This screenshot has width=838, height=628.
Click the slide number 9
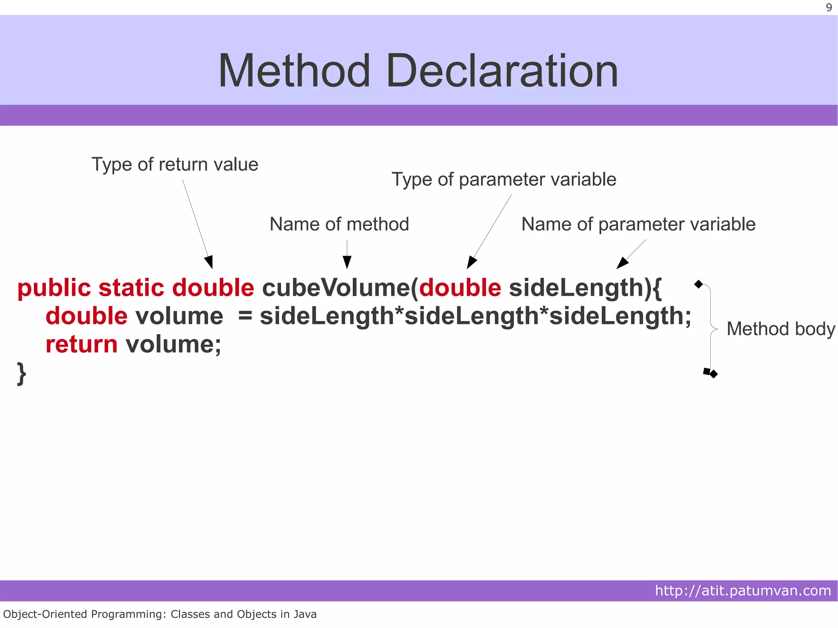pos(829,7)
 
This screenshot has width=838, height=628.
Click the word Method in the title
pos(294,71)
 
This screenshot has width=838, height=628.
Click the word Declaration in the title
pos(502,71)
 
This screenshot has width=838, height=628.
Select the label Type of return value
pos(175,164)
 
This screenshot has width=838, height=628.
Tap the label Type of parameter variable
pos(504,180)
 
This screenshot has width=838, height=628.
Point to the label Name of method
pos(339,224)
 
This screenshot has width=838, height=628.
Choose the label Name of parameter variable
pos(638,224)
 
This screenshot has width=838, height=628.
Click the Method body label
pos(780,329)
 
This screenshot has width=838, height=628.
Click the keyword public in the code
pos(54,288)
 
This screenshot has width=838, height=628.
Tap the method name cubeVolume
pos(336,288)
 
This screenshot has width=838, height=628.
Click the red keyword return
pos(81,344)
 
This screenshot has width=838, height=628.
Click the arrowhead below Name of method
pos(347,262)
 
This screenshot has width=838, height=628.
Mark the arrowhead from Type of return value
pos(209,262)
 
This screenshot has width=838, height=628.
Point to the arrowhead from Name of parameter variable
pos(622,263)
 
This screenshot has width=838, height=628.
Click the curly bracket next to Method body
pos(711,329)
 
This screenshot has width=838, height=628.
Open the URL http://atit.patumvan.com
pos(743,591)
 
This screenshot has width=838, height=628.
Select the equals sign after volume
pos(245,316)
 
